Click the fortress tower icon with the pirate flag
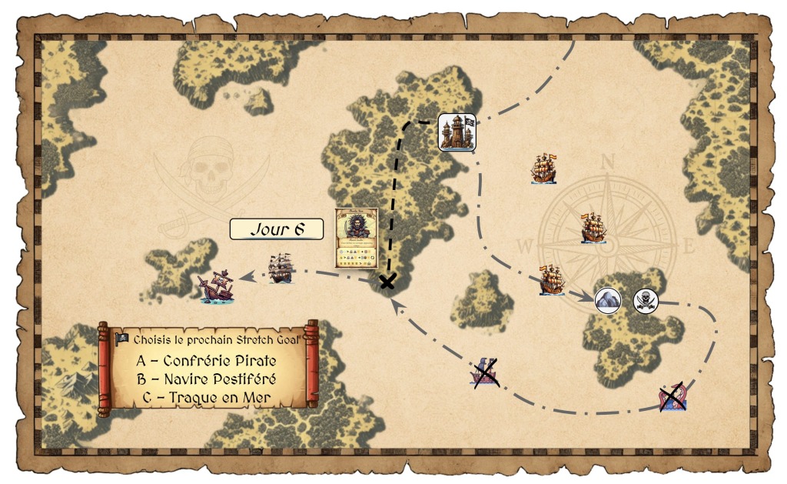click(x=457, y=131)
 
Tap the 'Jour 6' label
click(x=276, y=229)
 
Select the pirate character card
click(x=357, y=238)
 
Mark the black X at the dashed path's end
click(x=388, y=282)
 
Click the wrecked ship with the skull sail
click(x=216, y=288)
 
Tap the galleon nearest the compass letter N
click(x=544, y=169)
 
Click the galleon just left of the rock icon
click(x=553, y=280)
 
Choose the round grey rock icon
click(x=608, y=301)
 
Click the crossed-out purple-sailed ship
click(x=485, y=372)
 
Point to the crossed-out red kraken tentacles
click(x=672, y=396)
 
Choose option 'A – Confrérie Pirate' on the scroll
click(x=206, y=360)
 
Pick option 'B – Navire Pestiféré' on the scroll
click(x=206, y=379)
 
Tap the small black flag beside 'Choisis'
click(x=121, y=339)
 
